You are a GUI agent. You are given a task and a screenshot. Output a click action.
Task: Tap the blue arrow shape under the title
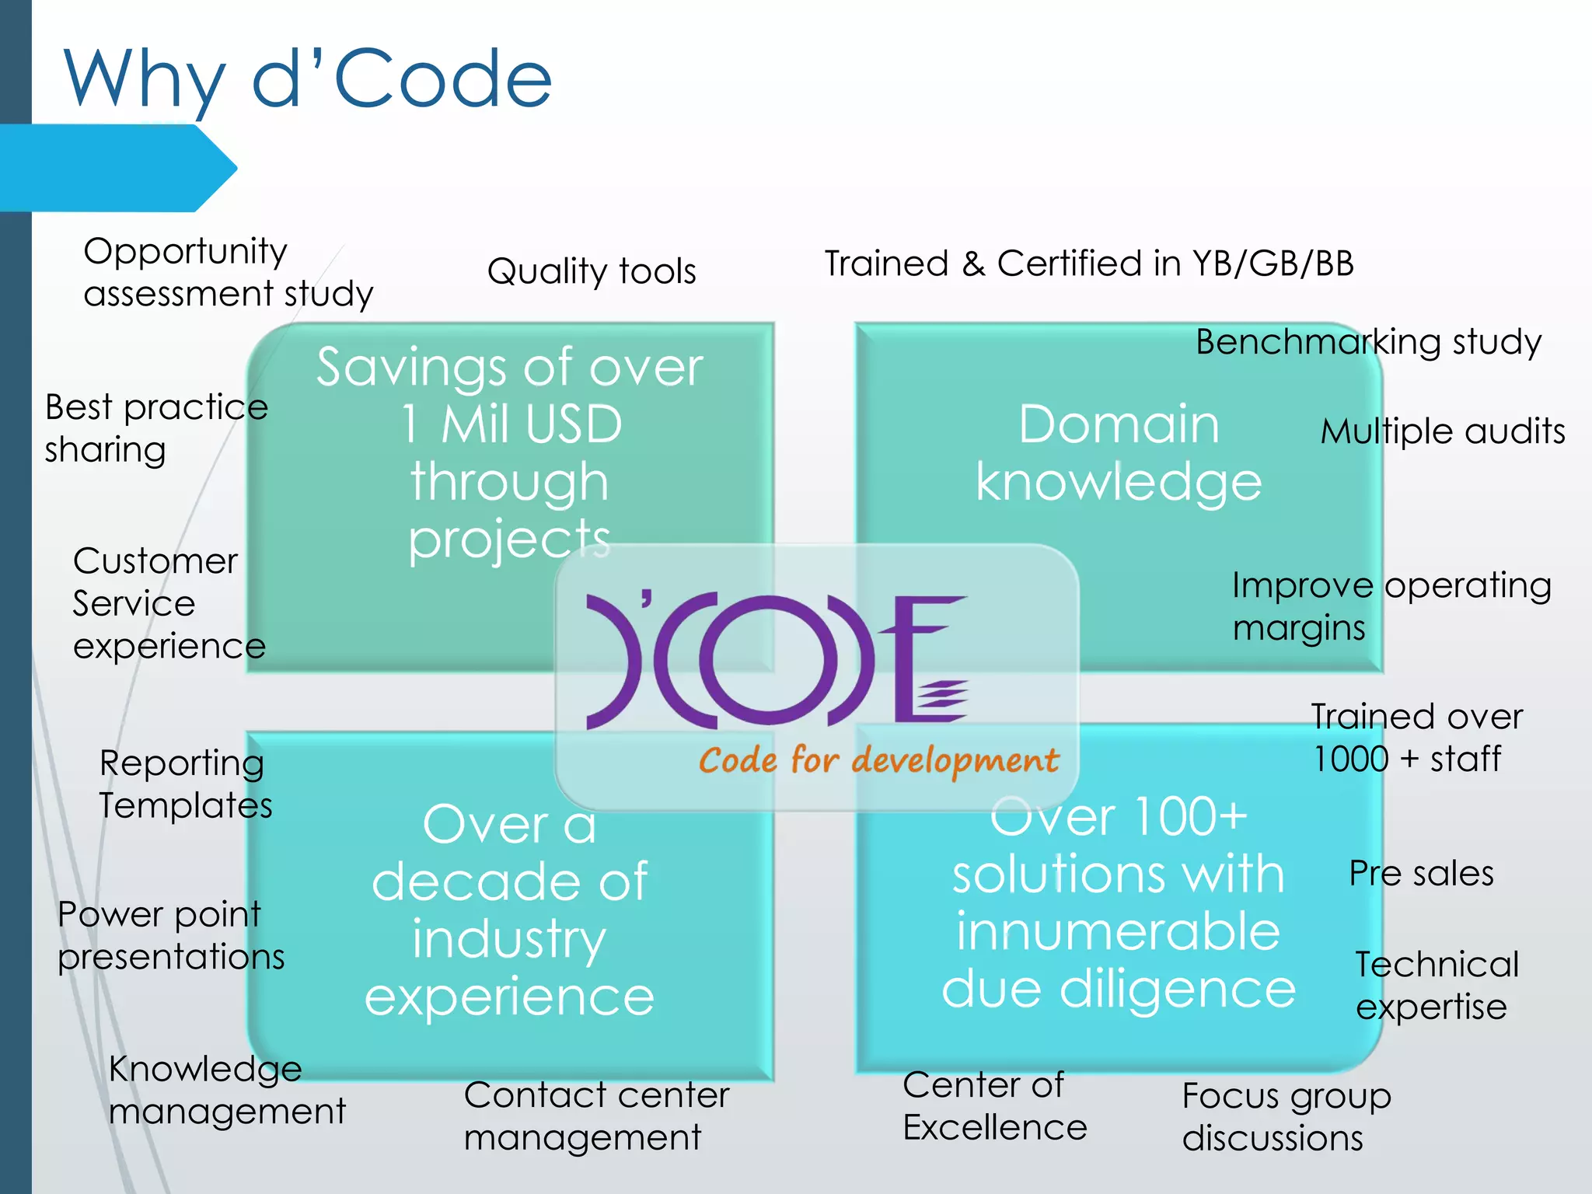pyautogui.click(x=117, y=168)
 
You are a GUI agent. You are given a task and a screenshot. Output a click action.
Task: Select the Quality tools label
pyautogui.click(x=591, y=271)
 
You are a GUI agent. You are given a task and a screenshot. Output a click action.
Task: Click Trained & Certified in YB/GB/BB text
pyautogui.click(x=1088, y=264)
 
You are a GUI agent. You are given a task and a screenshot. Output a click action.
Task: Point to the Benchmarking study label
pyautogui.click(x=1368, y=342)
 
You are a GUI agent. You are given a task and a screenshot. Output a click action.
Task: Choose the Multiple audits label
pyautogui.click(x=1443, y=431)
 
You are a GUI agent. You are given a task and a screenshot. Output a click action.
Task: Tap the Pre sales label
pyautogui.click(x=1421, y=873)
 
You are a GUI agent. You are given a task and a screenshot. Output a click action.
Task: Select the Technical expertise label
pyautogui.click(x=1437, y=986)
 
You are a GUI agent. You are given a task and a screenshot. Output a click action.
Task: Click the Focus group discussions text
pyautogui.click(x=1286, y=1117)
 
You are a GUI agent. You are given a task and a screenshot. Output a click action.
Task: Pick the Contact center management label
pyautogui.click(x=596, y=1116)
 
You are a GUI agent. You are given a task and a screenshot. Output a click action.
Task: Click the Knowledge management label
pyautogui.click(x=226, y=1090)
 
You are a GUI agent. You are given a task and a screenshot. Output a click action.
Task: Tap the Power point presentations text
pyautogui.click(x=170, y=935)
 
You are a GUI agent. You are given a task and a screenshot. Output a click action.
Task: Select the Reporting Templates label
pyautogui.click(x=185, y=784)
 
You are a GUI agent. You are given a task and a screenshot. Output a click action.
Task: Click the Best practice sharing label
pyautogui.click(x=155, y=428)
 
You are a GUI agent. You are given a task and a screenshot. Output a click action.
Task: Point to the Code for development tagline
pyautogui.click(x=878, y=760)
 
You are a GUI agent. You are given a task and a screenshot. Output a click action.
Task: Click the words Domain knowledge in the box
pyautogui.click(x=1118, y=453)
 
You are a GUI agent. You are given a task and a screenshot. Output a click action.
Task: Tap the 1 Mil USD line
pyautogui.click(x=511, y=424)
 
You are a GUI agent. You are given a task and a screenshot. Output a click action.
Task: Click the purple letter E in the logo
pyautogui.click(x=929, y=661)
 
